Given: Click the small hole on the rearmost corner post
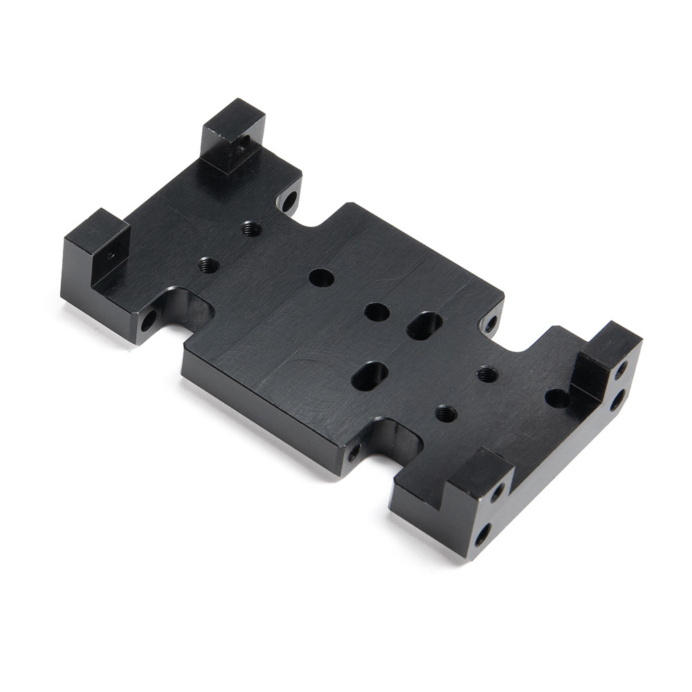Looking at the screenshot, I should pos(241,147).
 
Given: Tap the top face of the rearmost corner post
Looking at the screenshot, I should pos(233,116).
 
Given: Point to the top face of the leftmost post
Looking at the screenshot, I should pos(96,226).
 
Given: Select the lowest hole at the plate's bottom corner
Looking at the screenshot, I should pos(482,534).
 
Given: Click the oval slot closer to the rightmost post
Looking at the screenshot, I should pos(425,325).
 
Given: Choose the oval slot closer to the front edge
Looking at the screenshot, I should pos(370,375).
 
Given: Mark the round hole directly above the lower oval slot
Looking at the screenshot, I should pos(376,312).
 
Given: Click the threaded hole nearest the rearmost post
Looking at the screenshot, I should pos(252,228).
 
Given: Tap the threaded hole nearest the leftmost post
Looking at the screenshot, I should pos(208,264).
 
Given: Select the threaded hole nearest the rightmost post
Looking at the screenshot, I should pos(487,374).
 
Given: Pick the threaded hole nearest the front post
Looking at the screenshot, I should pos(446,414).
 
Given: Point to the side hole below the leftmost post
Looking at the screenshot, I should pos(148,320).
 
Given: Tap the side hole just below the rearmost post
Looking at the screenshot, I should pos(289,201).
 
